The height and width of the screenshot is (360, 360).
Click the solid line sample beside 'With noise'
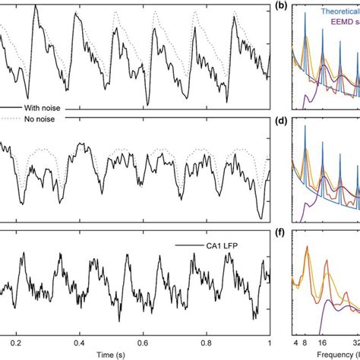click(x=9, y=108)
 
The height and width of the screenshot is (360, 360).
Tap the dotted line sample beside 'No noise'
click(x=9, y=118)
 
